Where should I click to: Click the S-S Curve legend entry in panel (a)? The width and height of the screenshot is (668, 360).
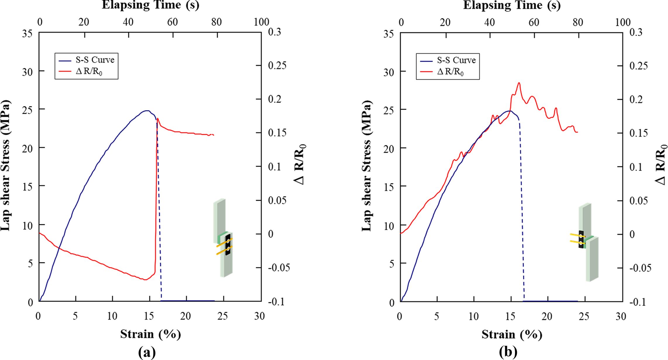tap(95, 60)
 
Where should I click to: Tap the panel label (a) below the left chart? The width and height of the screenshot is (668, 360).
tap(147, 353)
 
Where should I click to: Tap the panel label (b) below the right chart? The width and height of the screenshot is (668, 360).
tap(508, 353)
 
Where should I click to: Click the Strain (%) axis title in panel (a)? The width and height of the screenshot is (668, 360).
tap(150, 334)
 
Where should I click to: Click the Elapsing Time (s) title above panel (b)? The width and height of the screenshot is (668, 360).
tap(512, 5)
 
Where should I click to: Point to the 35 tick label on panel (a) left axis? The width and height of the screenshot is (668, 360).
tap(28, 34)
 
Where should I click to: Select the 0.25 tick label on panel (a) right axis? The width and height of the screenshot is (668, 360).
tap(277, 66)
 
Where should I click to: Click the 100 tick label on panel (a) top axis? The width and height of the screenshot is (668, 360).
tap(261, 22)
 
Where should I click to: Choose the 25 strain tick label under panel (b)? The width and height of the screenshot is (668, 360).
tap(584, 316)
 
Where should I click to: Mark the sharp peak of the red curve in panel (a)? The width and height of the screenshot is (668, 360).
tap(157, 118)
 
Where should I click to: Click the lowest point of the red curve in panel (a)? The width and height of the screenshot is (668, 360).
tap(145, 280)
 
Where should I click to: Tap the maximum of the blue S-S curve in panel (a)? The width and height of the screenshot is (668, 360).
tap(147, 111)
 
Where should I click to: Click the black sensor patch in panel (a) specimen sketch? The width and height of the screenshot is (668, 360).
tap(228, 244)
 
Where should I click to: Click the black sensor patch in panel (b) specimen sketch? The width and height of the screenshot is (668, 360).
tap(581, 239)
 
